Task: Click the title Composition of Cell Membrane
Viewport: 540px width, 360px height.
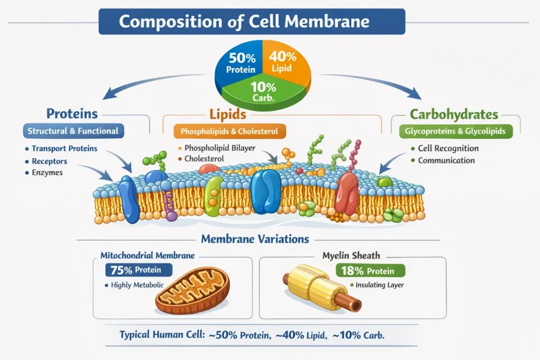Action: pos(252,22)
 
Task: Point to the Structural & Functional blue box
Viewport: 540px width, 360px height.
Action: pos(73,131)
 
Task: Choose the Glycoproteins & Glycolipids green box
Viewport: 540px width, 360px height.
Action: pos(455,131)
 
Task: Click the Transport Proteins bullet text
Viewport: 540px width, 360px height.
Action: pos(64,149)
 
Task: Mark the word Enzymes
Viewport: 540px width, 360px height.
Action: pos(47,173)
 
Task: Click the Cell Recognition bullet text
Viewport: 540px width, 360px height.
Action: pos(448,149)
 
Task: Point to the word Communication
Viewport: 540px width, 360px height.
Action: pos(446,160)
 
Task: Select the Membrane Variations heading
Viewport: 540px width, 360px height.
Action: pos(255,239)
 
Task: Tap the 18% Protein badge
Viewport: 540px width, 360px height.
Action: pos(370,271)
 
